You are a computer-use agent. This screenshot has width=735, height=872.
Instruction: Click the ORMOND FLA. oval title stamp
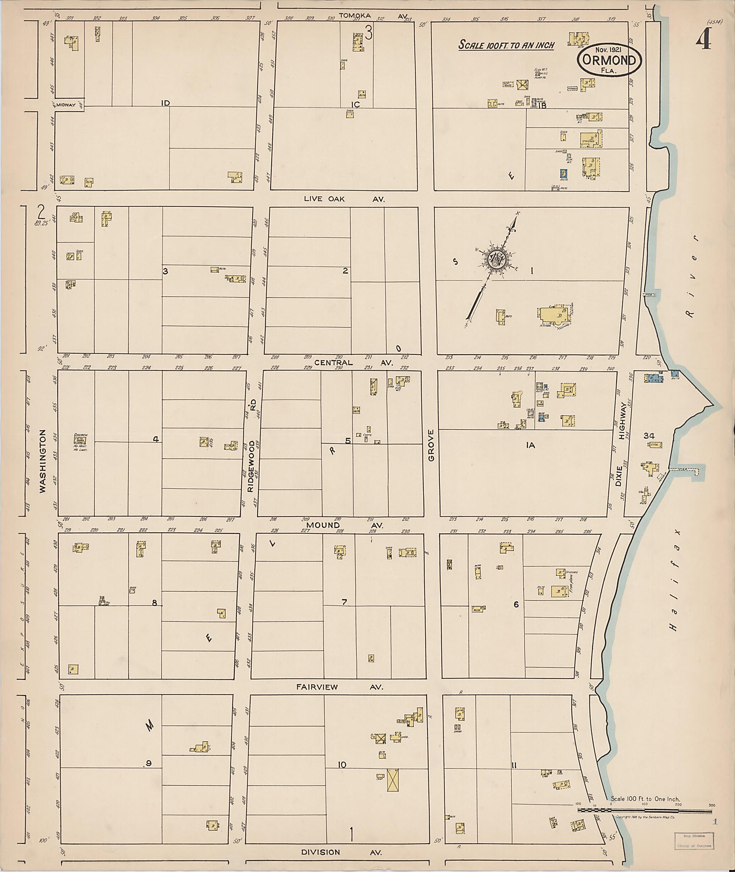click(609, 60)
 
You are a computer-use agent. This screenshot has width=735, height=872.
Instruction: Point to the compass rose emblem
click(499, 259)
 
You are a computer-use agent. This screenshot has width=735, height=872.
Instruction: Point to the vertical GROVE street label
click(431, 446)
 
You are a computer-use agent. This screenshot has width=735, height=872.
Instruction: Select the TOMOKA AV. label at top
click(373, 16)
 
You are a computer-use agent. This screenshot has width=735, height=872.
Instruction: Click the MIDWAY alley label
click(67, 105)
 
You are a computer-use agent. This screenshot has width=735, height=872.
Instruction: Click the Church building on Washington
click(80, 440)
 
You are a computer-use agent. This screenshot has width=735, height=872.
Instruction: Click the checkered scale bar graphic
click(644, 810)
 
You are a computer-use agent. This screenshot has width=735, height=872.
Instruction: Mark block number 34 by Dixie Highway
click(649, 435)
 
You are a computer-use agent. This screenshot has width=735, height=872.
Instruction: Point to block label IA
click(530, 446)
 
